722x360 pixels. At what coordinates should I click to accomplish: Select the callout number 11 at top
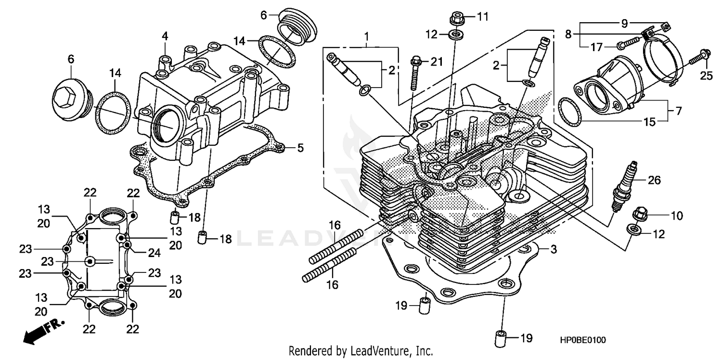[x=482, y=17]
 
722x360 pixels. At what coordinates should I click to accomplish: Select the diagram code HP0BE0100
[x=582, y=340]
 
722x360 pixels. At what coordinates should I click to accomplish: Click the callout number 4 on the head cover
[x=165, y=36]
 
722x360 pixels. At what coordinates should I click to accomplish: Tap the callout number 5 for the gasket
[x=300, y=148]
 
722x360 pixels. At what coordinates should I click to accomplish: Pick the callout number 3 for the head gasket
[x=554, y=249]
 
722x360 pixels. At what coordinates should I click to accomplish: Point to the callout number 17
[x=596, y=47]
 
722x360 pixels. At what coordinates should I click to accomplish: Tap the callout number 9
[x=624, y=23]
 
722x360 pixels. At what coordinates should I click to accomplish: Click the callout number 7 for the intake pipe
[x=678, y=111]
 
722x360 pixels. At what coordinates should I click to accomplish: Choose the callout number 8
[x=568, y=34]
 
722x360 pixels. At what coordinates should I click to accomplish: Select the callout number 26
[x=654, y=180]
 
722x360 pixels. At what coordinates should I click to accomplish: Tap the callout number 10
[x=676, y=216]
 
